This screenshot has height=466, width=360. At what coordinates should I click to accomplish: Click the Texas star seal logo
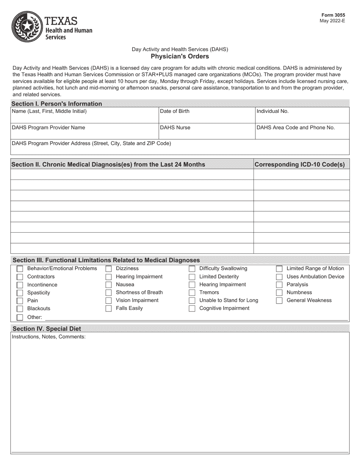click(27, 27)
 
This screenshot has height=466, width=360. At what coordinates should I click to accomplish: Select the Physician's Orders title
click(180, 56)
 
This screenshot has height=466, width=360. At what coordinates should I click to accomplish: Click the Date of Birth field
click(206, 115)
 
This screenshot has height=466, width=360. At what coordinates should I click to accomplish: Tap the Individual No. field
click(302, 115)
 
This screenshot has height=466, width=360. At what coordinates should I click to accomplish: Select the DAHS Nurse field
click(206, 131)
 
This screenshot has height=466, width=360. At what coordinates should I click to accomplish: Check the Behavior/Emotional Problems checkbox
click(20, 269)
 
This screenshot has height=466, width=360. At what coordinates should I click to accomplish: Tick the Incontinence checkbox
click(20, 285)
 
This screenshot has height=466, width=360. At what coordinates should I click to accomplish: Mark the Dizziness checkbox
click(108, 269)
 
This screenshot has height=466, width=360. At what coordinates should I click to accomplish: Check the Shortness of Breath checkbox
click(108, 292)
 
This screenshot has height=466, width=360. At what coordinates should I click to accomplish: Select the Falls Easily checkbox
click(108, 308)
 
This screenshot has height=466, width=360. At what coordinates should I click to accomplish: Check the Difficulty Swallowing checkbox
click(192, 269)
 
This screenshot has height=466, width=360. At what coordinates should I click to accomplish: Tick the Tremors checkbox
click(192, 292)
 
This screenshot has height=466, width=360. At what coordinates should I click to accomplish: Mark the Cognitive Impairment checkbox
click(192, 308)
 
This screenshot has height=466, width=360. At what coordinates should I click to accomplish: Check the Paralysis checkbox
click(279, 285)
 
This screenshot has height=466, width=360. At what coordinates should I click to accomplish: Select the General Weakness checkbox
click(279, 300)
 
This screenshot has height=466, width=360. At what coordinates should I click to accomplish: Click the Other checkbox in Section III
click(20, 317)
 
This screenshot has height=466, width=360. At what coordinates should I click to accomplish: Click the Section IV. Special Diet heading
click(47, 328)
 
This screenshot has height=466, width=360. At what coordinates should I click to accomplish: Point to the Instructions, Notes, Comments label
click(49, 336)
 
